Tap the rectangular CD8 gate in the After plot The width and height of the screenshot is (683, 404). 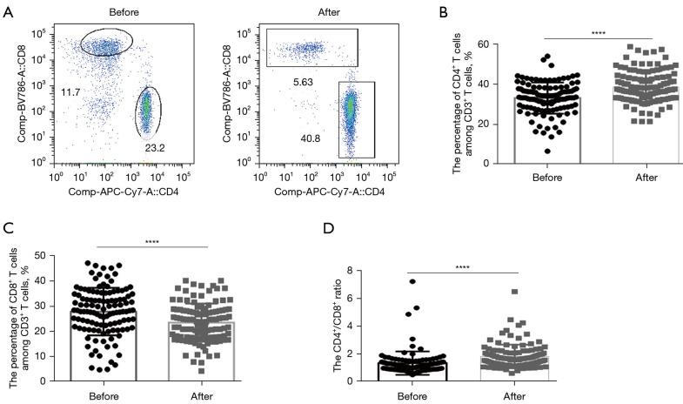coord(312,47)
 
